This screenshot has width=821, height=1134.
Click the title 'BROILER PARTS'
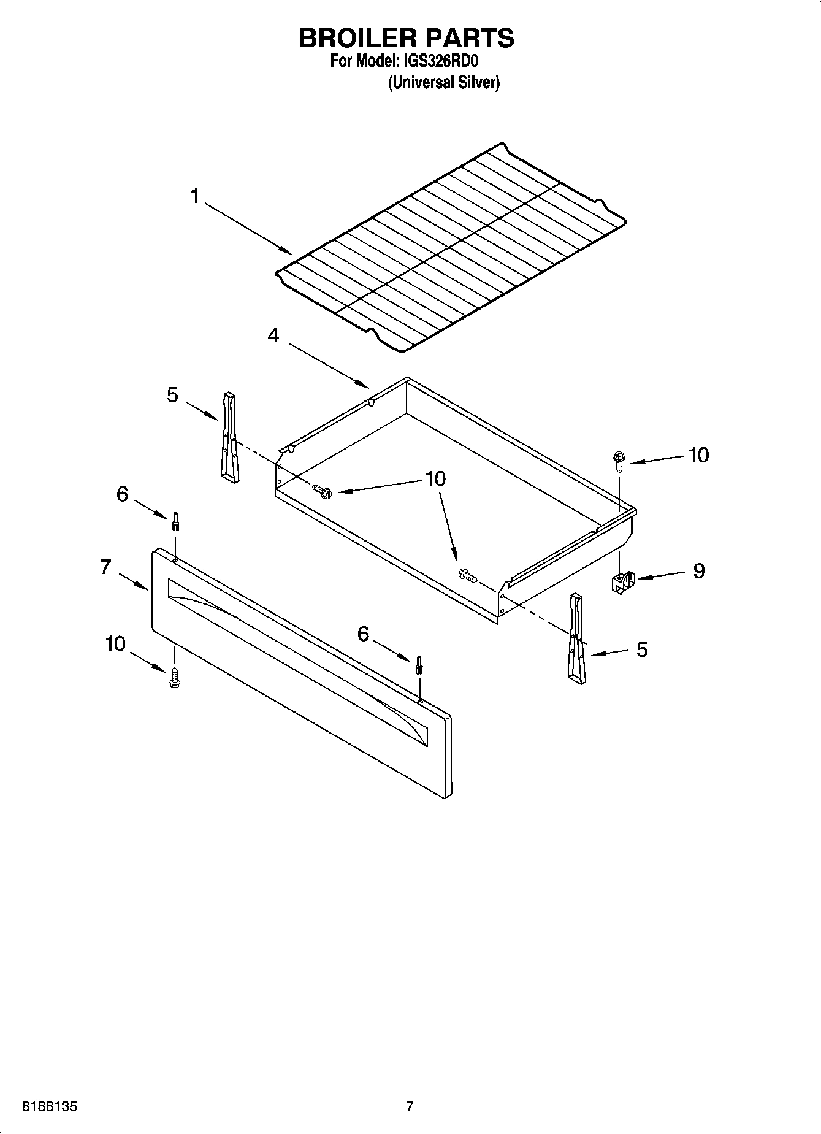click(406, 38)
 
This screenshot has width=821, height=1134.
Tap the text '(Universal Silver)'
click(443, 83)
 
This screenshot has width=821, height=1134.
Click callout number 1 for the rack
click(194, 196)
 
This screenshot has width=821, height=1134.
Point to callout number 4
click(273, 335)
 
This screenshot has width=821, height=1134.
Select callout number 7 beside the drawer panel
click(105, 567)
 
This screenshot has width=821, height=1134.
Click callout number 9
click(698, 571)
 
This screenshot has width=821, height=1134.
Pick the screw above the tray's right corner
click(617, 459)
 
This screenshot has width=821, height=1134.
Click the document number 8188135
click(50, 1107)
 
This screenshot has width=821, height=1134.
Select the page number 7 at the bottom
click(410, 1107)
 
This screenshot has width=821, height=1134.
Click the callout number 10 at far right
click(698, 455)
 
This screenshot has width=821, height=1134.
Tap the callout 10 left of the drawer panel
click(115, 644)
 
